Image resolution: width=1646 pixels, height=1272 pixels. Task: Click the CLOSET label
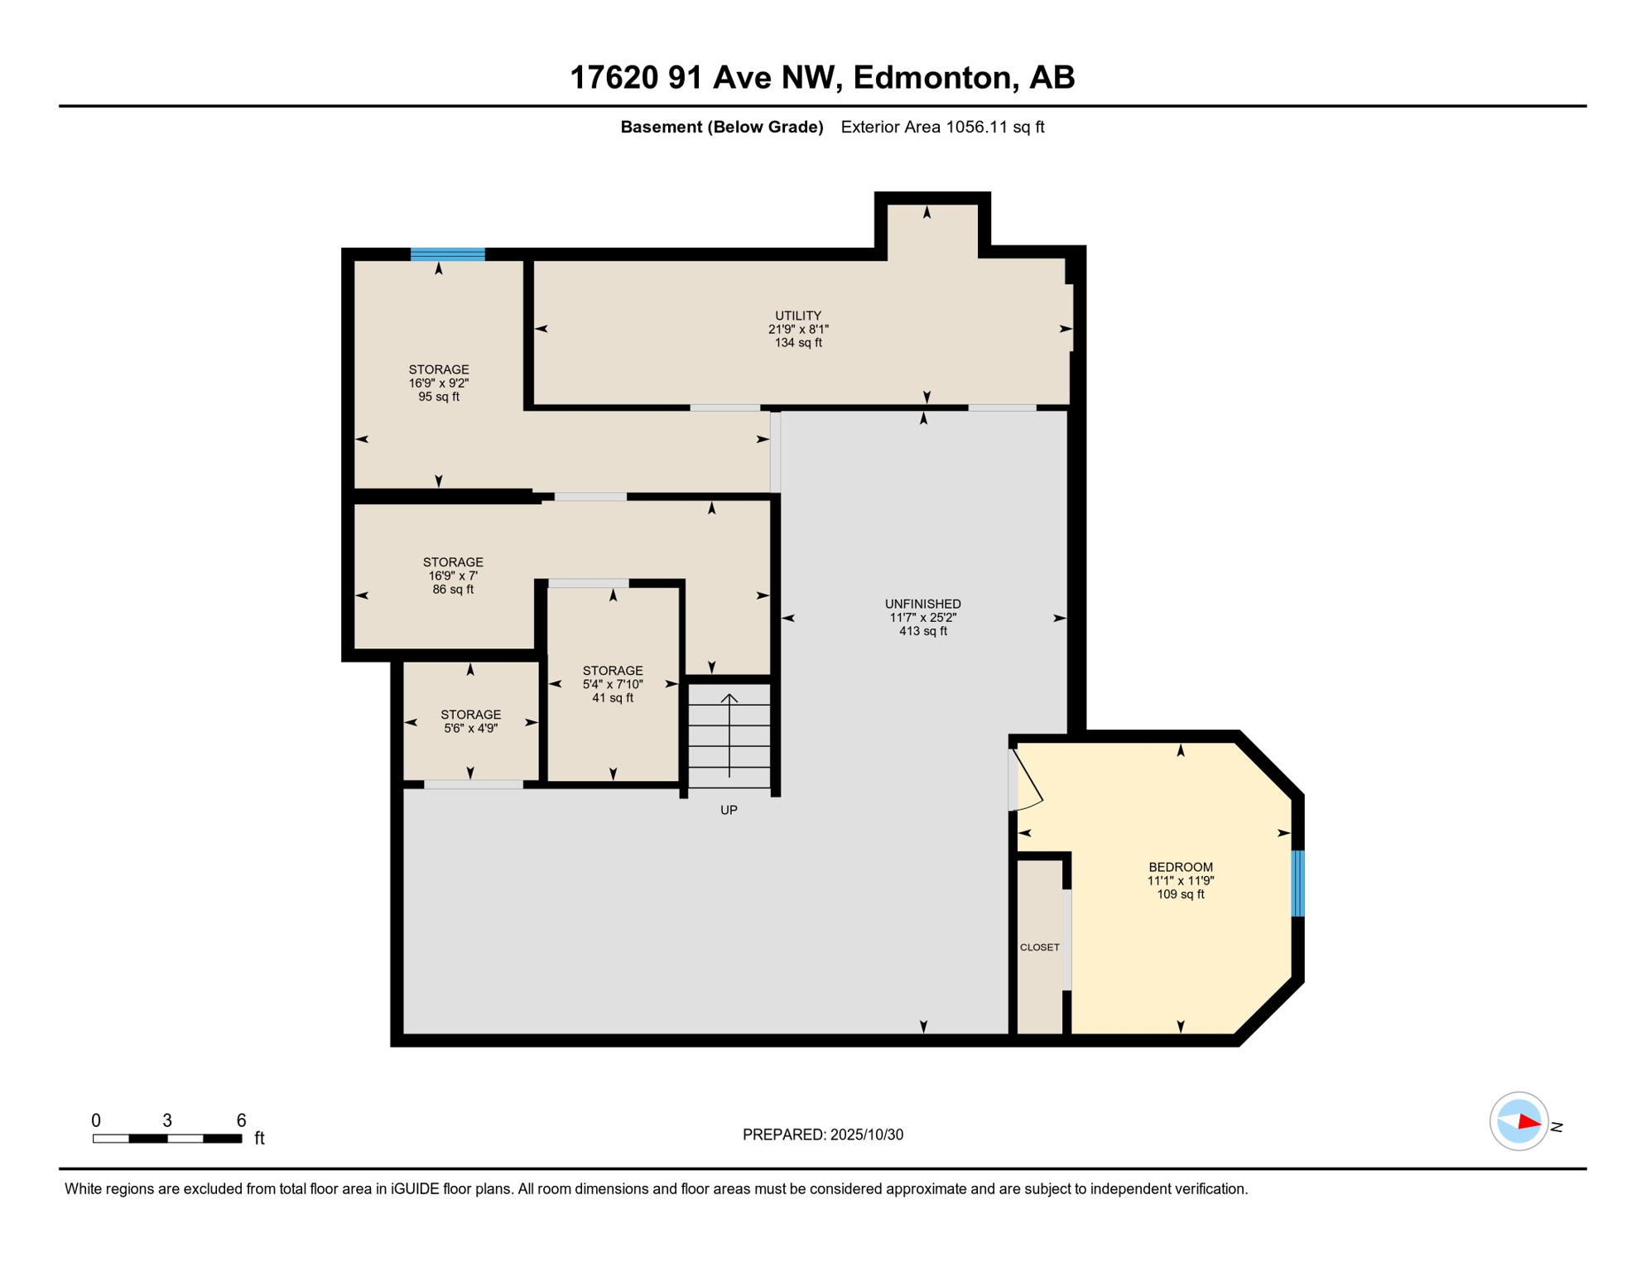click(x=1039, y=947)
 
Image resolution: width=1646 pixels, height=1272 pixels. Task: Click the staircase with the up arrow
click(x=729, y=735)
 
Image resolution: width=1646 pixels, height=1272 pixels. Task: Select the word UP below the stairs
click(x=729, y=810)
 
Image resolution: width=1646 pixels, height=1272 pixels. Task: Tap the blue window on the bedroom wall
click(x=1297, y=883)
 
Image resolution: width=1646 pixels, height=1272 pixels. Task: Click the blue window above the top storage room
click(x=447, y=254)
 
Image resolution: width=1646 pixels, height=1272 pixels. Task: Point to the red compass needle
click(x=1528, y=1123)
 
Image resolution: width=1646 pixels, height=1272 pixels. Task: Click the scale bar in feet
click(x=166, y=1139)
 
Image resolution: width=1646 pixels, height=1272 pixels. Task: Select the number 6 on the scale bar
click(x=241, y=1120)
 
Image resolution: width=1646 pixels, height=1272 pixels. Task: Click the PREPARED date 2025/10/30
click(x=822, y=1135)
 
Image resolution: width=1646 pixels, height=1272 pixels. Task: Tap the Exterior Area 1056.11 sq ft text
click(x=941, y=127)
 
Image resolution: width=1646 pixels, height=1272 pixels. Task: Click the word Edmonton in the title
click(x=935, y=77)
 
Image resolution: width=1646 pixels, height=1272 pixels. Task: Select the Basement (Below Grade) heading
click(x=721, y=127)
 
